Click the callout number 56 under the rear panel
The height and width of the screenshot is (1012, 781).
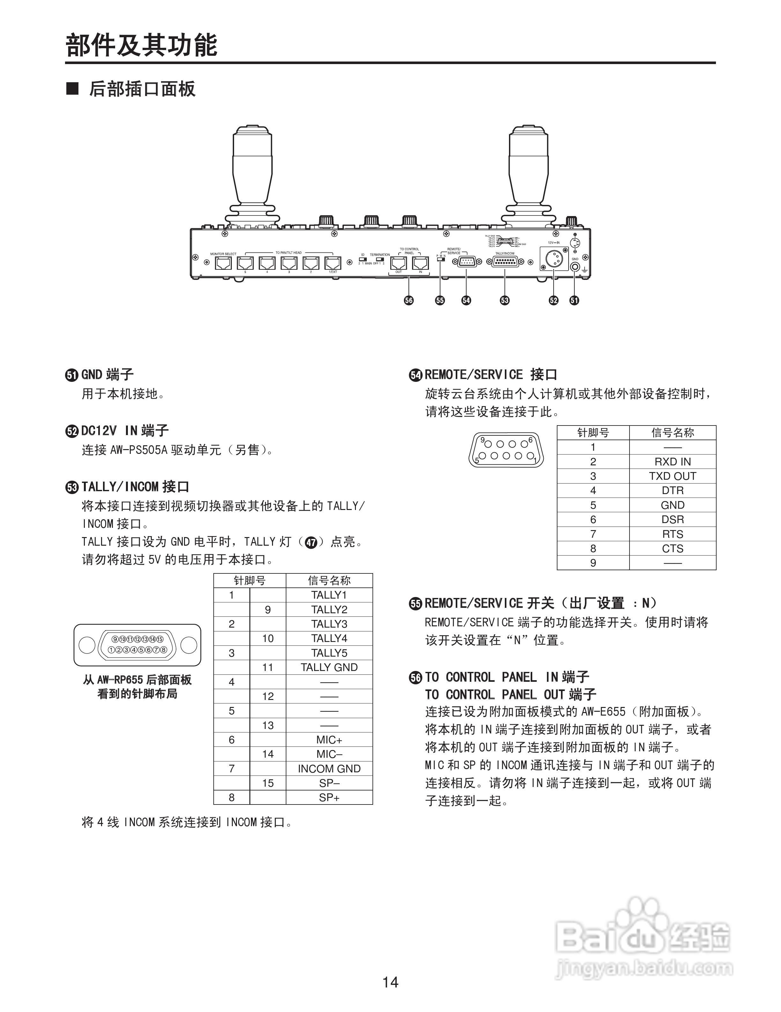pyautogui.click(x=408, y=300)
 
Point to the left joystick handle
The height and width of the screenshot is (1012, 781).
pyautogui.click(x=251, y=171)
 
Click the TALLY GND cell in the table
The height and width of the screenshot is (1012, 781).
pyautogui.click(x=329, y=667)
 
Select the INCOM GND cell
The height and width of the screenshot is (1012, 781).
pyautogui.click(x=329, y=769)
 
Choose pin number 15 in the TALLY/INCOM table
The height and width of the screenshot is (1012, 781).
pyautogui.click(x=268, y=783)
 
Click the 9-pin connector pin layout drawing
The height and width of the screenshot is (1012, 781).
pyautogui.click(x=506, y=449)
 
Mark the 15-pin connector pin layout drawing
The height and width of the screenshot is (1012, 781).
pyautogui.click(x=137, y=644)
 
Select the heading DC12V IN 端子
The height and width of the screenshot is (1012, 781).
pyautogui.click(x=124, y=431)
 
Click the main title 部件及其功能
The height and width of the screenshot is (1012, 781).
pyautogui.click(x=141, y=45)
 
